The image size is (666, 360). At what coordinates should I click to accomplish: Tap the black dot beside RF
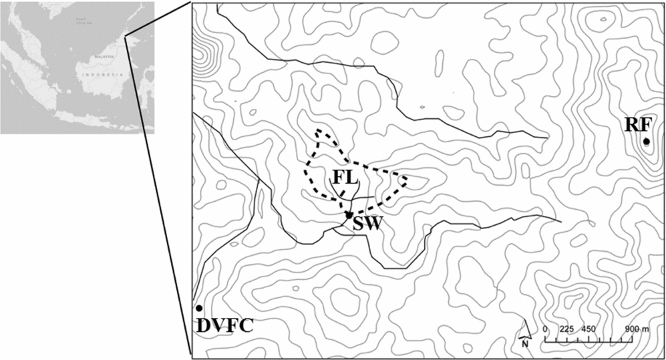646,142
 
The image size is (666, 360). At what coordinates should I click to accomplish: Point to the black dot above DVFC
199,308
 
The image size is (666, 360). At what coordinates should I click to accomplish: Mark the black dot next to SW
349,215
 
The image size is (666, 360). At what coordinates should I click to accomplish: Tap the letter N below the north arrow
525,345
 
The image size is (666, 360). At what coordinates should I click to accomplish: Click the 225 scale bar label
566,329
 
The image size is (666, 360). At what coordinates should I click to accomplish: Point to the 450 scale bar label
588,329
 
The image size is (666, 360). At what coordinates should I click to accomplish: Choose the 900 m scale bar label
637,329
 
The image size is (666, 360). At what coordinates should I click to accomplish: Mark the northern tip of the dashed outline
319,131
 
